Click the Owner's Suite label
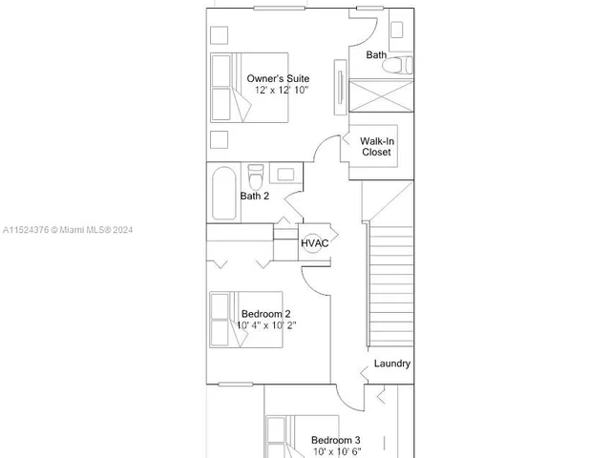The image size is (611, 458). tap(277, 77)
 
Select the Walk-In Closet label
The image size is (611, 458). tap(375, 146)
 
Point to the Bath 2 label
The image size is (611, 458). tap(254, 196)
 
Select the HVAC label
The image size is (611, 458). tap(315, 243)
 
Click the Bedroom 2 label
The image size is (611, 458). tap(265, 313)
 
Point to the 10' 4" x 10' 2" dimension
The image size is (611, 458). tap(266, 325)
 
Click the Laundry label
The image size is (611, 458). tap(391, 364)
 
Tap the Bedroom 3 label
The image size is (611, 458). tap(335, 440)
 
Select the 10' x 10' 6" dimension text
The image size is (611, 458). tap(335, 451)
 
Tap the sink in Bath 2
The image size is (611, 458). tap(284, 174)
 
